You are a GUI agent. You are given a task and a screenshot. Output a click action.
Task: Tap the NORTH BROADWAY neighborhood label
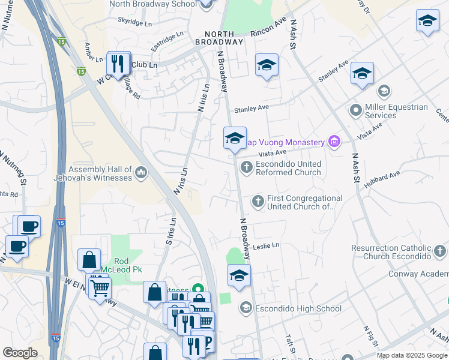click(x=223, y=38)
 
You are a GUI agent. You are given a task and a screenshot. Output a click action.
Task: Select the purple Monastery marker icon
click(x=334, y=142)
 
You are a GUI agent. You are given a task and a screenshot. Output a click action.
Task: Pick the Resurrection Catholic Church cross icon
click(x=439, y=251)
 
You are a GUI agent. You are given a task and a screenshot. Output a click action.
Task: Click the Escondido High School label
click(x=291, y=309)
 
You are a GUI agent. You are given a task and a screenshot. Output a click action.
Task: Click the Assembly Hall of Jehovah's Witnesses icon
click(x=141, y=173)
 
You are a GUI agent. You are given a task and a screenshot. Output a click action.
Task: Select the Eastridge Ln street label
click(x=166, y=43)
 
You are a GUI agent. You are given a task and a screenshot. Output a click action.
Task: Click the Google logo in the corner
click(x=20, y=353)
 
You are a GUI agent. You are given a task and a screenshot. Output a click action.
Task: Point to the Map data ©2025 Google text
click(x=412, y=355)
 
